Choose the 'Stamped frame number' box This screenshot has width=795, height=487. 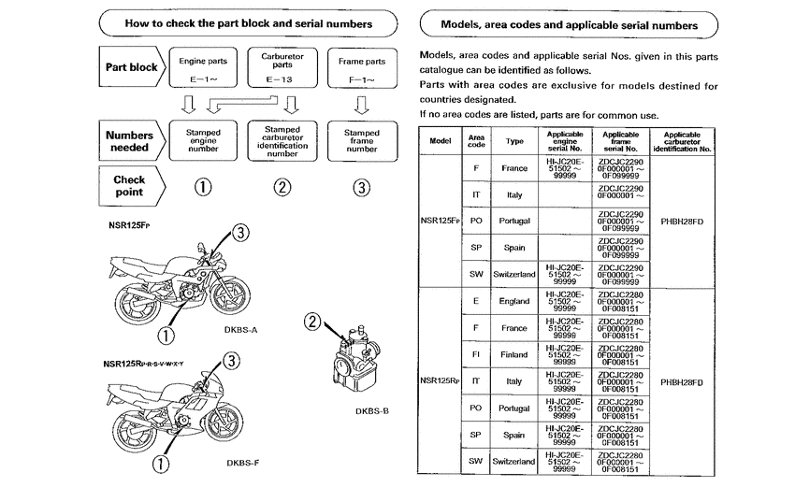(361, 140)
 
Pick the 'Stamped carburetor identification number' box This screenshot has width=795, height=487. (282, 141)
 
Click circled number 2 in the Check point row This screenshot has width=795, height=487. (282, 186)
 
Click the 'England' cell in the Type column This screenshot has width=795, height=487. (514, 301)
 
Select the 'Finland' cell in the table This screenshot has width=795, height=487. (514, 355)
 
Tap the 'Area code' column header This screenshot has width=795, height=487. (476, 140)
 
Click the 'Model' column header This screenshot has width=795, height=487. (440, 140)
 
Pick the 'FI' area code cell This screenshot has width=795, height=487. (476, 355)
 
